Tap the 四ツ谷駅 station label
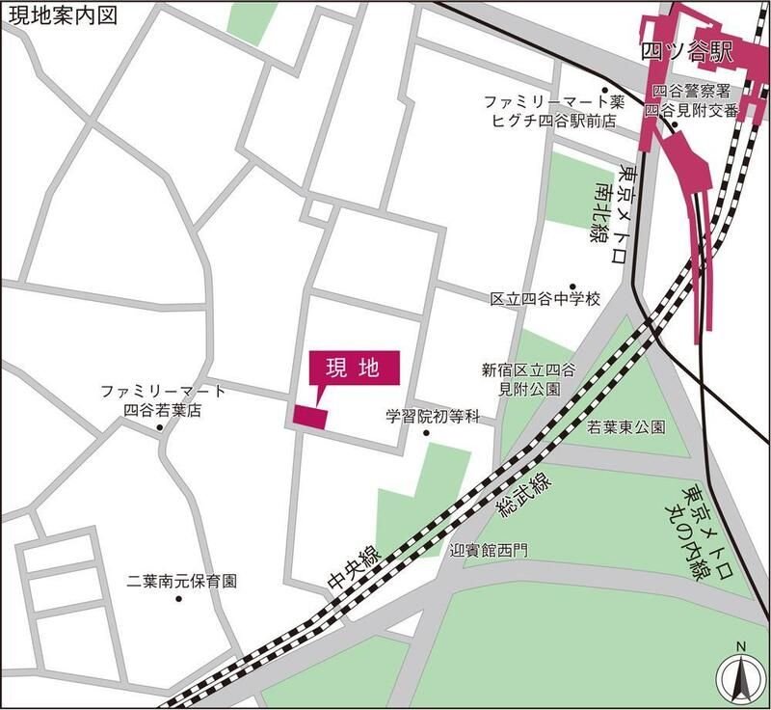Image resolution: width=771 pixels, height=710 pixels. click(x=689, y=52)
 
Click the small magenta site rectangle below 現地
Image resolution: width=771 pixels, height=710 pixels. click(x=311, y=416)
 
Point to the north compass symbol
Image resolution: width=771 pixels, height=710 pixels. click(x=738, y=677)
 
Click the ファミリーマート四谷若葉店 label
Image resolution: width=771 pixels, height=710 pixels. click(x=164, y=400)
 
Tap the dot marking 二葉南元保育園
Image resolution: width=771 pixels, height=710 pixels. click(x=178, y=599)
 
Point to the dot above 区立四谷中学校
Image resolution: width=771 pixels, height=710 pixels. click(x=572, y=287)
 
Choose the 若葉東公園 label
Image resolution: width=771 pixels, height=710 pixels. click(x=626, y=426)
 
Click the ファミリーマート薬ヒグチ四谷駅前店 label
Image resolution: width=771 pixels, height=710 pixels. click(x=554, y=109)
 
